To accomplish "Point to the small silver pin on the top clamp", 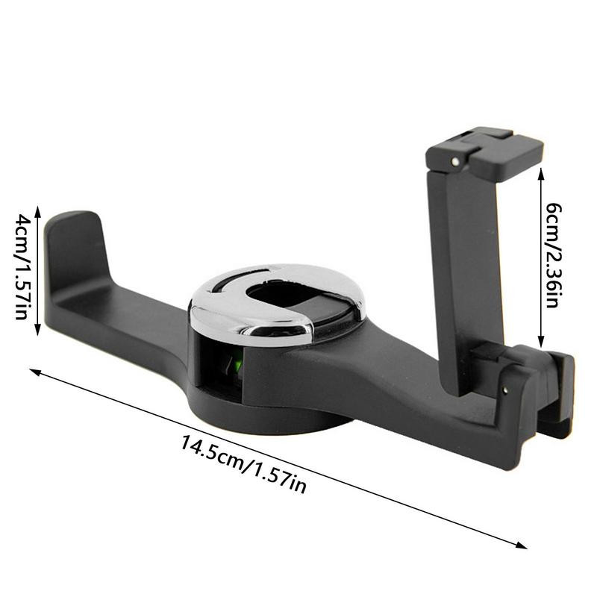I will click(455, 161).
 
